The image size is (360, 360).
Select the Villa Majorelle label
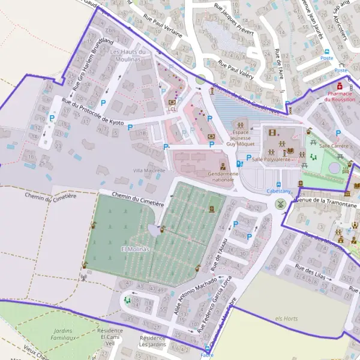[149, 170]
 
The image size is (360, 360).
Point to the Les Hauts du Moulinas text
[127, 55]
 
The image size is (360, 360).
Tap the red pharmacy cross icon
[340, 86]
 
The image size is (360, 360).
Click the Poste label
[326, 58]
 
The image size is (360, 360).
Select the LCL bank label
[172, 109]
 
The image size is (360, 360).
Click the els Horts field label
[287, 318]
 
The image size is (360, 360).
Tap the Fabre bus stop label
[207, 355]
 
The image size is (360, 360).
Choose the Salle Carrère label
[335, 146]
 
